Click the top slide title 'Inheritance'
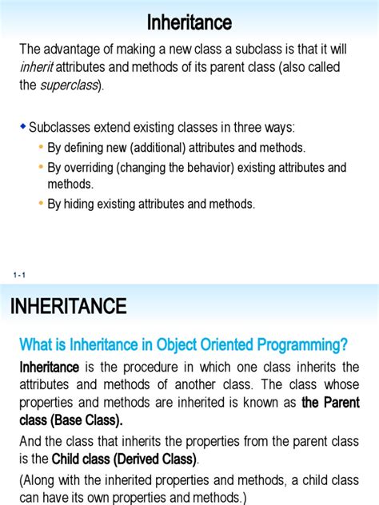pyautogui.click(x=189, y=22)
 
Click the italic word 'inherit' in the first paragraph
pyautogui.click(x=37, y=68)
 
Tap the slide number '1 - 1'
pyautogui.click(x=20, y=276)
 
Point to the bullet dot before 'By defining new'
pyautogui.click(x=41, y=148)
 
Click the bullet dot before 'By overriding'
pyautogui.click(x=41, y=168)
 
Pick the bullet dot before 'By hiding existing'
pyautogui.click(x=41, y=204)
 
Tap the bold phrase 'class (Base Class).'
pyautogui.click(x=71, y=420)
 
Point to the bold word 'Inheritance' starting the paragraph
pyautogui.click(x=49, y=367)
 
